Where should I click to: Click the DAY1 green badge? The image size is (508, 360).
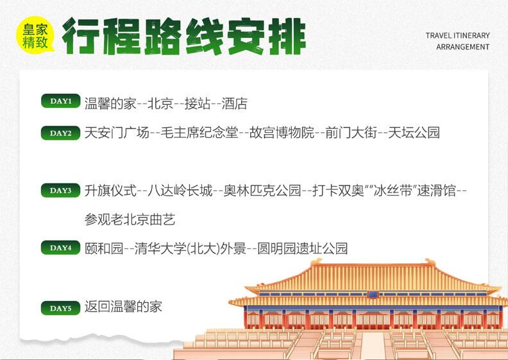coord(60,101)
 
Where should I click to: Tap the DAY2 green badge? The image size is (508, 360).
coord(60,133)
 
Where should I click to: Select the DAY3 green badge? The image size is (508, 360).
coord(60,190)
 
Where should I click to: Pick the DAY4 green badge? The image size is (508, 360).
coord(60,248)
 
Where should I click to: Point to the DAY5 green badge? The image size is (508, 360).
coord(60,308)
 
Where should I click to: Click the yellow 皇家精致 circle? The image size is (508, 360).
coord(35,35)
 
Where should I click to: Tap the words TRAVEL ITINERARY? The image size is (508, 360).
coord(457,35)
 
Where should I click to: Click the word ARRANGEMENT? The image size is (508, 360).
coord(462,47)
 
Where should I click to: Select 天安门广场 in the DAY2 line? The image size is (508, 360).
coord(117,133)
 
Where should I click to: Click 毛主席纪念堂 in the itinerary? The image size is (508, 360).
coord(199,133)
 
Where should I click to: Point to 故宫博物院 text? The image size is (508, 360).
coord(282,133)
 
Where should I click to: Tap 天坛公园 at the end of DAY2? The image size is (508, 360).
coord(414,133)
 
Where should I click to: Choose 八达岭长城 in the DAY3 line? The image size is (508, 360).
coord(180,190)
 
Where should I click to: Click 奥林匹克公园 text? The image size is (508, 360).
coord(263,190)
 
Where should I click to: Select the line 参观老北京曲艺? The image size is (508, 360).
coord(130,219)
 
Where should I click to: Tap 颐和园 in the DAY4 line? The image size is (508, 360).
coord(104,248)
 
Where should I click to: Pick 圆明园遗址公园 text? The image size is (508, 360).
coord(303,248)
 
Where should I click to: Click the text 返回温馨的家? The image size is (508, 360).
coord(123,306)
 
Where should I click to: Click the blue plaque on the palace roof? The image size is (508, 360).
coord(373,294)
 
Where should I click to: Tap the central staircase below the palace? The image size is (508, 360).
coord(371,345)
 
